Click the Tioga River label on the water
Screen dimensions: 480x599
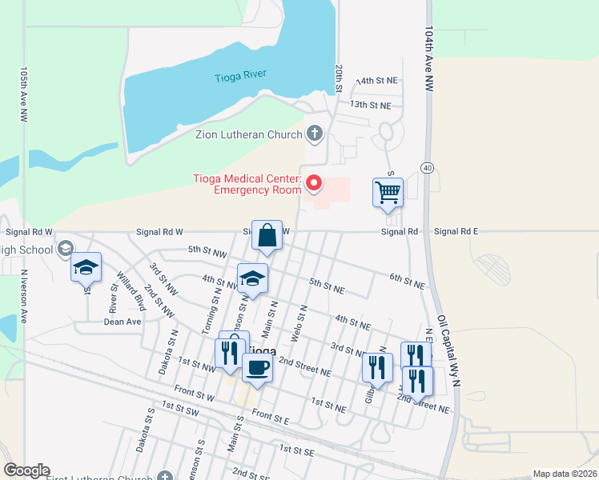point(240,77)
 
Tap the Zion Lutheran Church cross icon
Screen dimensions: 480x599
point(315,134)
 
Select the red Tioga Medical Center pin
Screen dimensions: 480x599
point(314,184)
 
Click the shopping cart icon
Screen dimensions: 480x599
point(388,193)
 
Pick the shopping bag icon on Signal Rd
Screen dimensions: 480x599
point(267,236)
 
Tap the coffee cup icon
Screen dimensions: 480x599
point(257,367)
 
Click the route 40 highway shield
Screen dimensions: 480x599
point(428,167)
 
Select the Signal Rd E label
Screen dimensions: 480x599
point(456,231)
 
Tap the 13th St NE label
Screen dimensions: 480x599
point(370,105)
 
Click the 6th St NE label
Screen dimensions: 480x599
point(407,279)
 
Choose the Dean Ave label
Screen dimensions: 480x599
point(123,322)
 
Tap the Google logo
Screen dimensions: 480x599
point(26,470)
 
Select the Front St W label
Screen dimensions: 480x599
point(194,394)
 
